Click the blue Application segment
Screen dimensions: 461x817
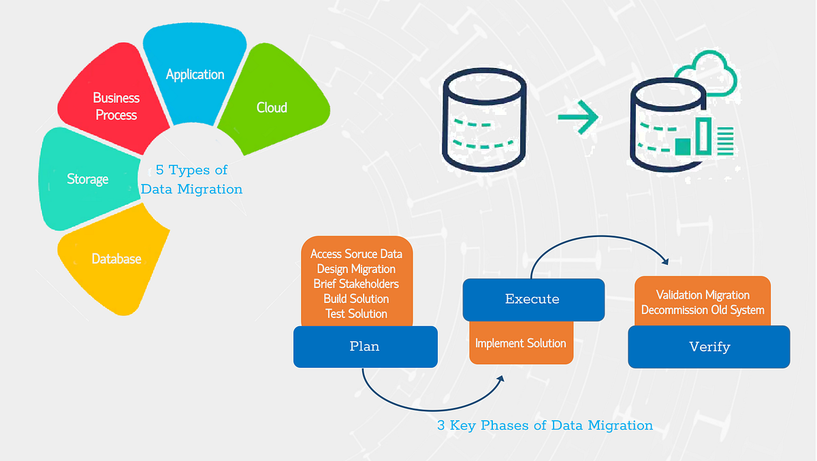point(195,74)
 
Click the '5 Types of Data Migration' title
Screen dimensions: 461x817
point(191,180)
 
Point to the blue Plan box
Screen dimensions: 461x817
point(365,347)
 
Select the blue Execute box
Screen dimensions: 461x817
point(532,299)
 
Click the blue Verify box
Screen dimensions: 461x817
point(709,347)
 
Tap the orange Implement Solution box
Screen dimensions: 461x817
point(521,344)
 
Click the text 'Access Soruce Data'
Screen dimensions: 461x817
point(356,254)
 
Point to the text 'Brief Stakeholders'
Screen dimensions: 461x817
point(356,284)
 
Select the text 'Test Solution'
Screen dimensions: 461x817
point(356,314)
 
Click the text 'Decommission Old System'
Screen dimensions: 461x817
point(703,310)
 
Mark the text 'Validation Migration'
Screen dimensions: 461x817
point(703,295)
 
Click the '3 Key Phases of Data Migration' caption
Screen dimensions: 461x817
point(545,426)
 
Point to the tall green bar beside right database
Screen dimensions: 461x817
point(703,136)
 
